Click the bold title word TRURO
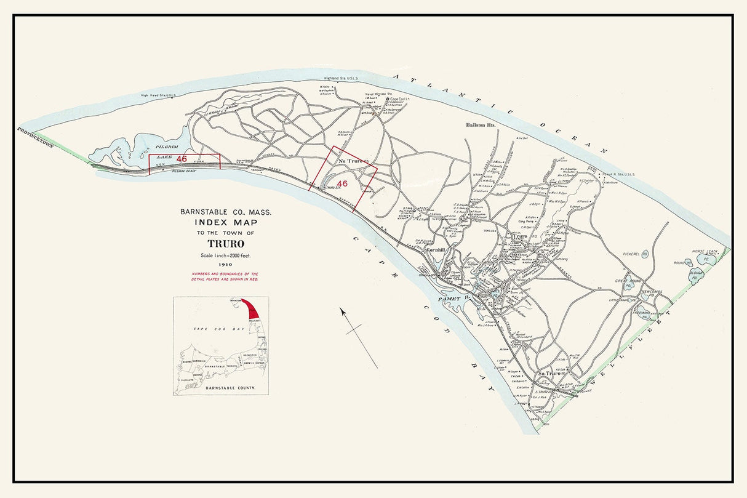click(x=225, y=244)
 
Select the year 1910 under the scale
click(x=225, y=265)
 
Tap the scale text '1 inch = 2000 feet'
click(x=225, y=255)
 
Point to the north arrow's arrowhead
click(x=342, y=311)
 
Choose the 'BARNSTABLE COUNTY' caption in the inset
click(x=228, y=389)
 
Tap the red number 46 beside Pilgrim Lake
click(x=182, y=159)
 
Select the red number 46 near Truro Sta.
click(x=343, y=183)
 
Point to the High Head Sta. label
click(x=159, y=95)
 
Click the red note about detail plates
click(x=225, y=276)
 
